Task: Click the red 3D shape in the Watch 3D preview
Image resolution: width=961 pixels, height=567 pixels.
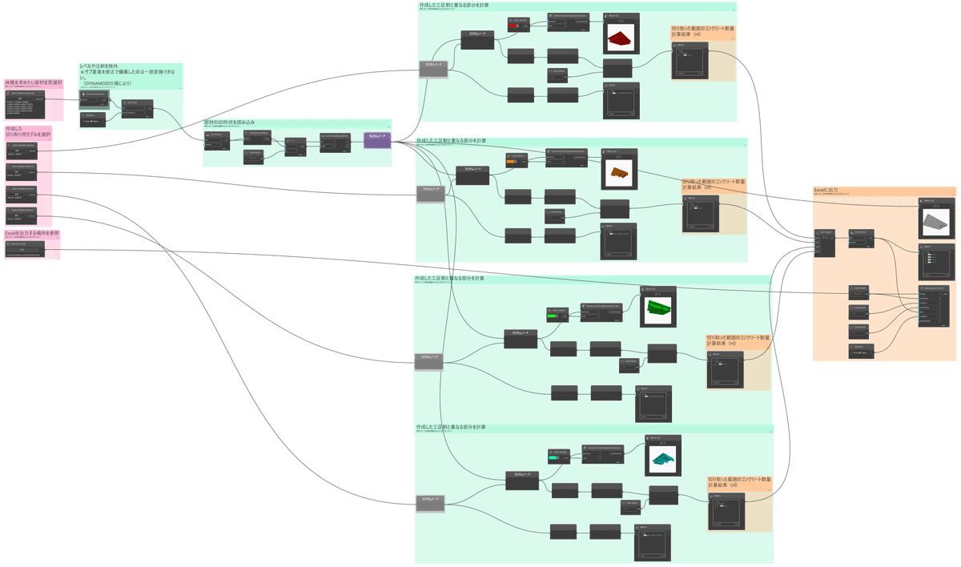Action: click(619, 38)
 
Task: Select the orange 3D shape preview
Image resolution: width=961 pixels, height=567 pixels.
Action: click(618, 171)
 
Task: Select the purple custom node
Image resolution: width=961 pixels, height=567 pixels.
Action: click(377, 139)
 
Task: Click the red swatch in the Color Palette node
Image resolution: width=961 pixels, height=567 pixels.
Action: click(512, 26)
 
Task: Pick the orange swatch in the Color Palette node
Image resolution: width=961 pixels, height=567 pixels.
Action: click(509, 163)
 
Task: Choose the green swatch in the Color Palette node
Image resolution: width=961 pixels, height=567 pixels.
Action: click(552, 316)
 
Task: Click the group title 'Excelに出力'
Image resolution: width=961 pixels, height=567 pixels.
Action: click(826, 190)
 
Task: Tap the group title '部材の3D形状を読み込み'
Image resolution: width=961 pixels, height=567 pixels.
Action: click(229, 122)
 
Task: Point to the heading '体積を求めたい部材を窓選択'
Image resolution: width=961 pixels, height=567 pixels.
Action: click(28, 82)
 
